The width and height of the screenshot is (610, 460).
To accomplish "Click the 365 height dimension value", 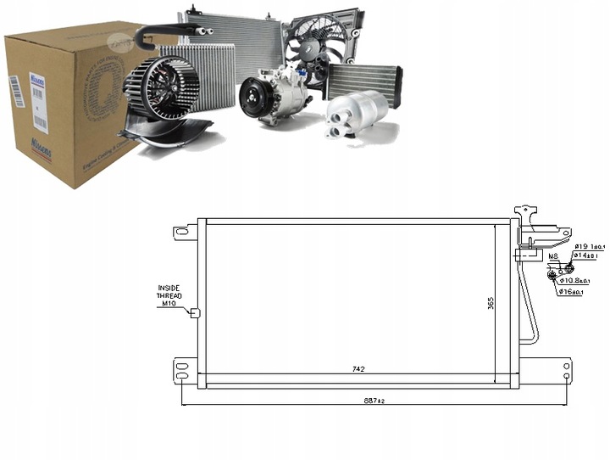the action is [x=490, y=304].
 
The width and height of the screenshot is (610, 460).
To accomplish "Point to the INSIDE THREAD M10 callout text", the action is [x=169, y=295].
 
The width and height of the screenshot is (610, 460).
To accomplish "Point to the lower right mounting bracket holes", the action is [x=567, y=368].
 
